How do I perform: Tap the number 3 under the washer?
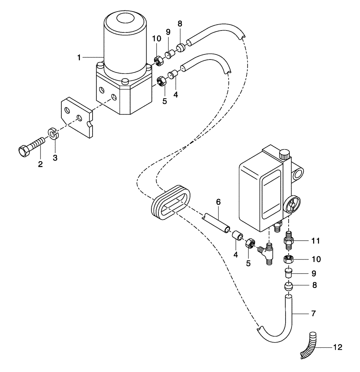pos(55,158)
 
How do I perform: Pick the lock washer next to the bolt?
pos(53,134)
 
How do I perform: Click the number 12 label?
pos(337,348)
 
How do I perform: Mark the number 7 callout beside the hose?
pos(314,314)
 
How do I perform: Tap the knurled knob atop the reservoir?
pos(285,154)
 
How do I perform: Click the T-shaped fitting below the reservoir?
pos(269,253)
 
